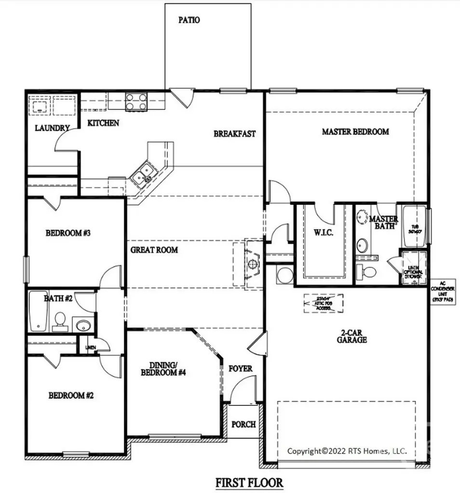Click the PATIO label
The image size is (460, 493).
[x=189, y=20]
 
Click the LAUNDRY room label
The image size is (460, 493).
[x=53, y=128]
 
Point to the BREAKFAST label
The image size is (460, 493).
[x=234, y=133]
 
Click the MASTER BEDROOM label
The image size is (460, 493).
[x=355, y=131]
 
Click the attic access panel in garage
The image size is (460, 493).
[x=323, y=303]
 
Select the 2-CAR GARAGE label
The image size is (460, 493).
[x=352, y=336]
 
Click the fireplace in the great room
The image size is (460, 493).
[x=251, y=263]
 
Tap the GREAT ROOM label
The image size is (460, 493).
[x=154, y=250]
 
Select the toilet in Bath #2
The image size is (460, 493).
[x=60, y=321]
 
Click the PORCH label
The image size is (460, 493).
[x=244, y=424]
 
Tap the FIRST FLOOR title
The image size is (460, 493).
[x=249, y=481]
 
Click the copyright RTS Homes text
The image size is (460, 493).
[x=347, y=451]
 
